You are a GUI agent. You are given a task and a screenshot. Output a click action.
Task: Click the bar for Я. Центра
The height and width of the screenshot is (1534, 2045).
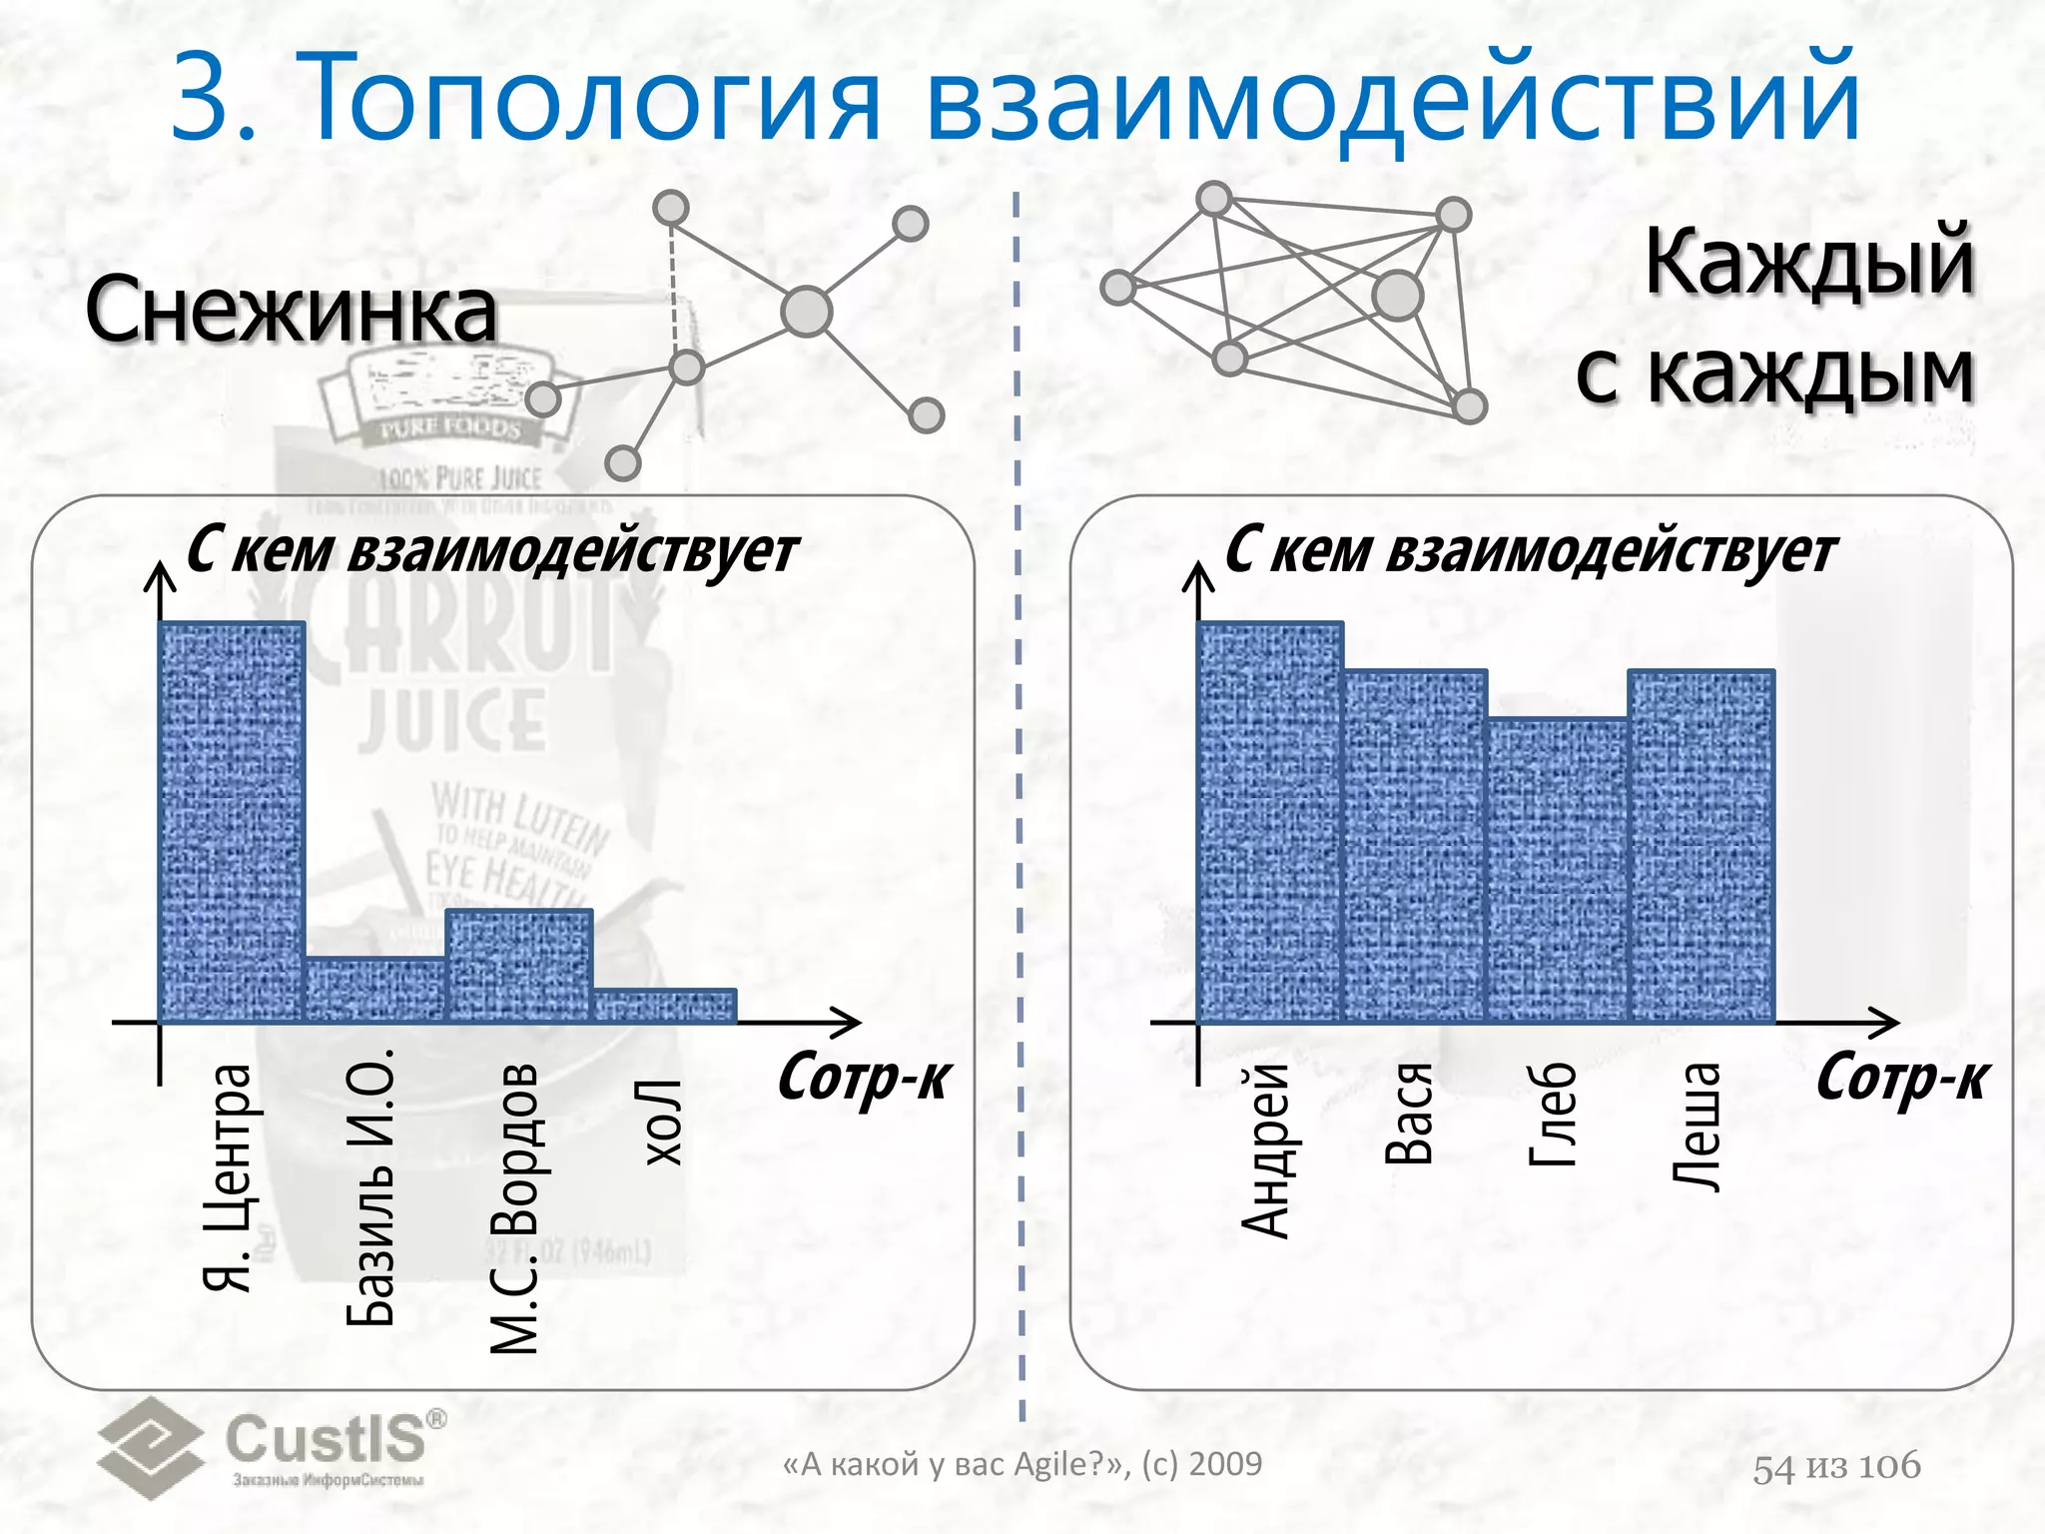click(232, 821)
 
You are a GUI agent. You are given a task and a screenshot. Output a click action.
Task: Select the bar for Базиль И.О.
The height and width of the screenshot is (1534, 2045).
click(374, 990)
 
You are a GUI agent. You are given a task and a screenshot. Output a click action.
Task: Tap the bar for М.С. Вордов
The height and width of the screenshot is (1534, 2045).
click(518, 966)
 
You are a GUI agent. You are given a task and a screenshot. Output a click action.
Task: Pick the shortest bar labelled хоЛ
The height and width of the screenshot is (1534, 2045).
click(664, 1006)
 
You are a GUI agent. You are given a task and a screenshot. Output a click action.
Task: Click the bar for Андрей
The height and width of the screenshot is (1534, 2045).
click(1270, 821)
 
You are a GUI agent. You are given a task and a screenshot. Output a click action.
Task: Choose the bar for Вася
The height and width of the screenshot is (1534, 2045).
click(1415, 846)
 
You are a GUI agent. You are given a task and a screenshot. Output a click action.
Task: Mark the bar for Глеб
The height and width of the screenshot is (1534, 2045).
click(1558, 870)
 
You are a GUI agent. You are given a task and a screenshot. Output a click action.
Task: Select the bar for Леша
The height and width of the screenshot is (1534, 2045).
click(1702, 846)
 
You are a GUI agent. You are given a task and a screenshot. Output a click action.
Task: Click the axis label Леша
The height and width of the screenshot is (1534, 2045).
click(1698, 1127)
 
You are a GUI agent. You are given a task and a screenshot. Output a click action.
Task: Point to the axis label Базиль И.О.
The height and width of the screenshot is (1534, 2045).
click(371, 1186)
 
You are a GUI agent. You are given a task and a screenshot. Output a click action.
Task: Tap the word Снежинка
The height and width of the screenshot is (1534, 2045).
click(291, 310)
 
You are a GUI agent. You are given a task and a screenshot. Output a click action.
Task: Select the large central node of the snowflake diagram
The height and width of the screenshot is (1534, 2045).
click(807, 312)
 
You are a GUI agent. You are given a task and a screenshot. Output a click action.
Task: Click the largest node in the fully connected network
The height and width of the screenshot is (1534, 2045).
click(1397, 295)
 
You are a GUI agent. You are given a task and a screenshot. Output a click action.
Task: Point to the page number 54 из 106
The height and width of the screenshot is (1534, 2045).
click(1836, 1466)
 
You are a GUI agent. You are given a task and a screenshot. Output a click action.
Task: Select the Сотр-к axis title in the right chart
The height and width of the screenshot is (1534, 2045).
click(1902, 1079)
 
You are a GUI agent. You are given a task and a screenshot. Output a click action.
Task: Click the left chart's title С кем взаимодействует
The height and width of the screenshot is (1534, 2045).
click(492, 550)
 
